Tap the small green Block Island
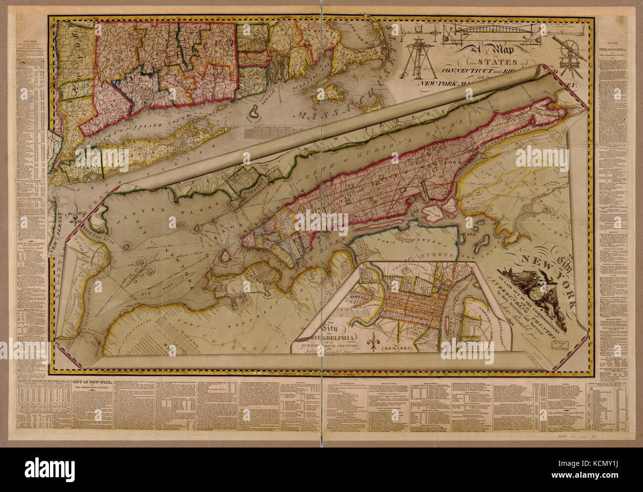pyautogui.click(x=254, y=112)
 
